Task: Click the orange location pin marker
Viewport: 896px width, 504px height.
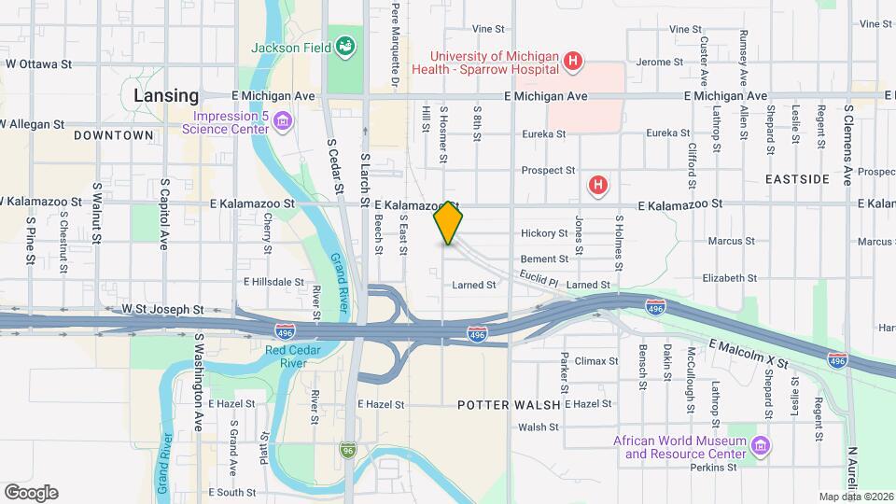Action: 448,223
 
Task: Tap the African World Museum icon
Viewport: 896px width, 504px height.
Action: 762,447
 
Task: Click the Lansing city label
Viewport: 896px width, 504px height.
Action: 166,95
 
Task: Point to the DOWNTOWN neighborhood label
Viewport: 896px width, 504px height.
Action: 113,135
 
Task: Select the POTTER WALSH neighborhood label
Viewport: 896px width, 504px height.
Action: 508,404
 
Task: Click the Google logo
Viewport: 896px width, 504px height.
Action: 31,492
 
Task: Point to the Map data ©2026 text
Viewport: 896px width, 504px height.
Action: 856,497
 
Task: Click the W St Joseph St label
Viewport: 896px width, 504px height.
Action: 162,308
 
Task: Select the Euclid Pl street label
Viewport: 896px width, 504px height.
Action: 539,278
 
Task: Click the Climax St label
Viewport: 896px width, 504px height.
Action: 596,360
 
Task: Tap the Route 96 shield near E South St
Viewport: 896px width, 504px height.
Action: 348,449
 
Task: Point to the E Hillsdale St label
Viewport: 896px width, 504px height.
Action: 274,281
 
